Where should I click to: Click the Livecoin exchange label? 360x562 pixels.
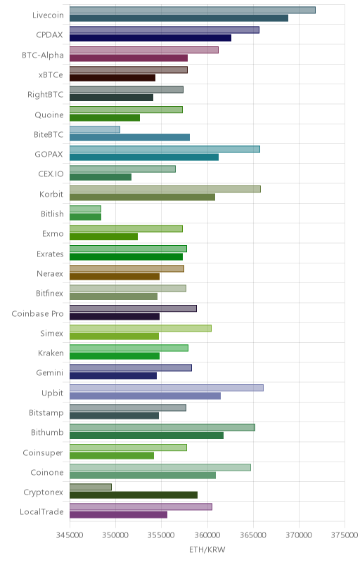tap(48, 15)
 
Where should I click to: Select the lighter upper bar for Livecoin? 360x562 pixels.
tap(193, 10)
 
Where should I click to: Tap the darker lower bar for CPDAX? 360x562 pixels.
tap(150, 38)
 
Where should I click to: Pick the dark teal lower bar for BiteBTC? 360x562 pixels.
tap(129, 137)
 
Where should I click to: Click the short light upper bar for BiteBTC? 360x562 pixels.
tap(95, 129)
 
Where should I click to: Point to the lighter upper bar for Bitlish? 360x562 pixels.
tap(85, 209)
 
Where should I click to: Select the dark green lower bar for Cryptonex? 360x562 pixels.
tap(134, 495)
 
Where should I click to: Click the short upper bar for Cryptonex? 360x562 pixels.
tap(91, 487)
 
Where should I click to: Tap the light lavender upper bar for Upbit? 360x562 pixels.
tap(167, 388)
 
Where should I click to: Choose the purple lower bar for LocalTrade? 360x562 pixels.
tap(118, 515)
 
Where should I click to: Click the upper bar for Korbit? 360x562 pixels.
tap(165, 189)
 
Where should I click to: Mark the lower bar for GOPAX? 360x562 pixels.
tap(143, 157)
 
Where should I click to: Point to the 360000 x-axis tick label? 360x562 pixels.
tap(207, 535)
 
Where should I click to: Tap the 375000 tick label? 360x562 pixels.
tap(345, 535)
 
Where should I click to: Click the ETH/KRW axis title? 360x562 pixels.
tap(207, 549)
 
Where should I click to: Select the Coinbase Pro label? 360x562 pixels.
tap(37, 313)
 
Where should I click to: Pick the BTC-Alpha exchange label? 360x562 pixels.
tap(43, 55)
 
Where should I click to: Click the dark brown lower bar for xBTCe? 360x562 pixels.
tap(112, 78)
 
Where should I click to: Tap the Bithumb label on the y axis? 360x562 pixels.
tap(47, 432)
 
